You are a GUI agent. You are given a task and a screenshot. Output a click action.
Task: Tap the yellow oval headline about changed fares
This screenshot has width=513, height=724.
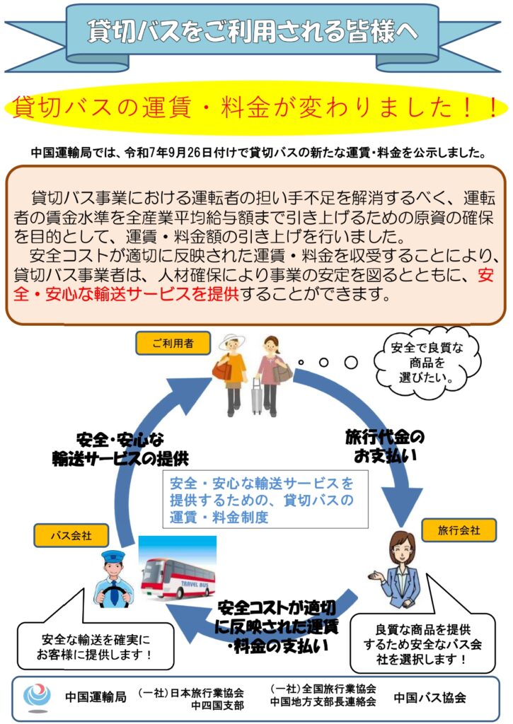[x=256, y=108]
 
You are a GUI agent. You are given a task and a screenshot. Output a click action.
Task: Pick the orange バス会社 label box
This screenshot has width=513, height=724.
[x=71, y=535]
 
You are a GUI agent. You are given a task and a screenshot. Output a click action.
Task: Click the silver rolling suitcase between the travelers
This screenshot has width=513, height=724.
[x=256, y=397]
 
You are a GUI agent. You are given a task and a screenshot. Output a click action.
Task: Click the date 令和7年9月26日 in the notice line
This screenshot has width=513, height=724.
[x=185, y=152]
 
